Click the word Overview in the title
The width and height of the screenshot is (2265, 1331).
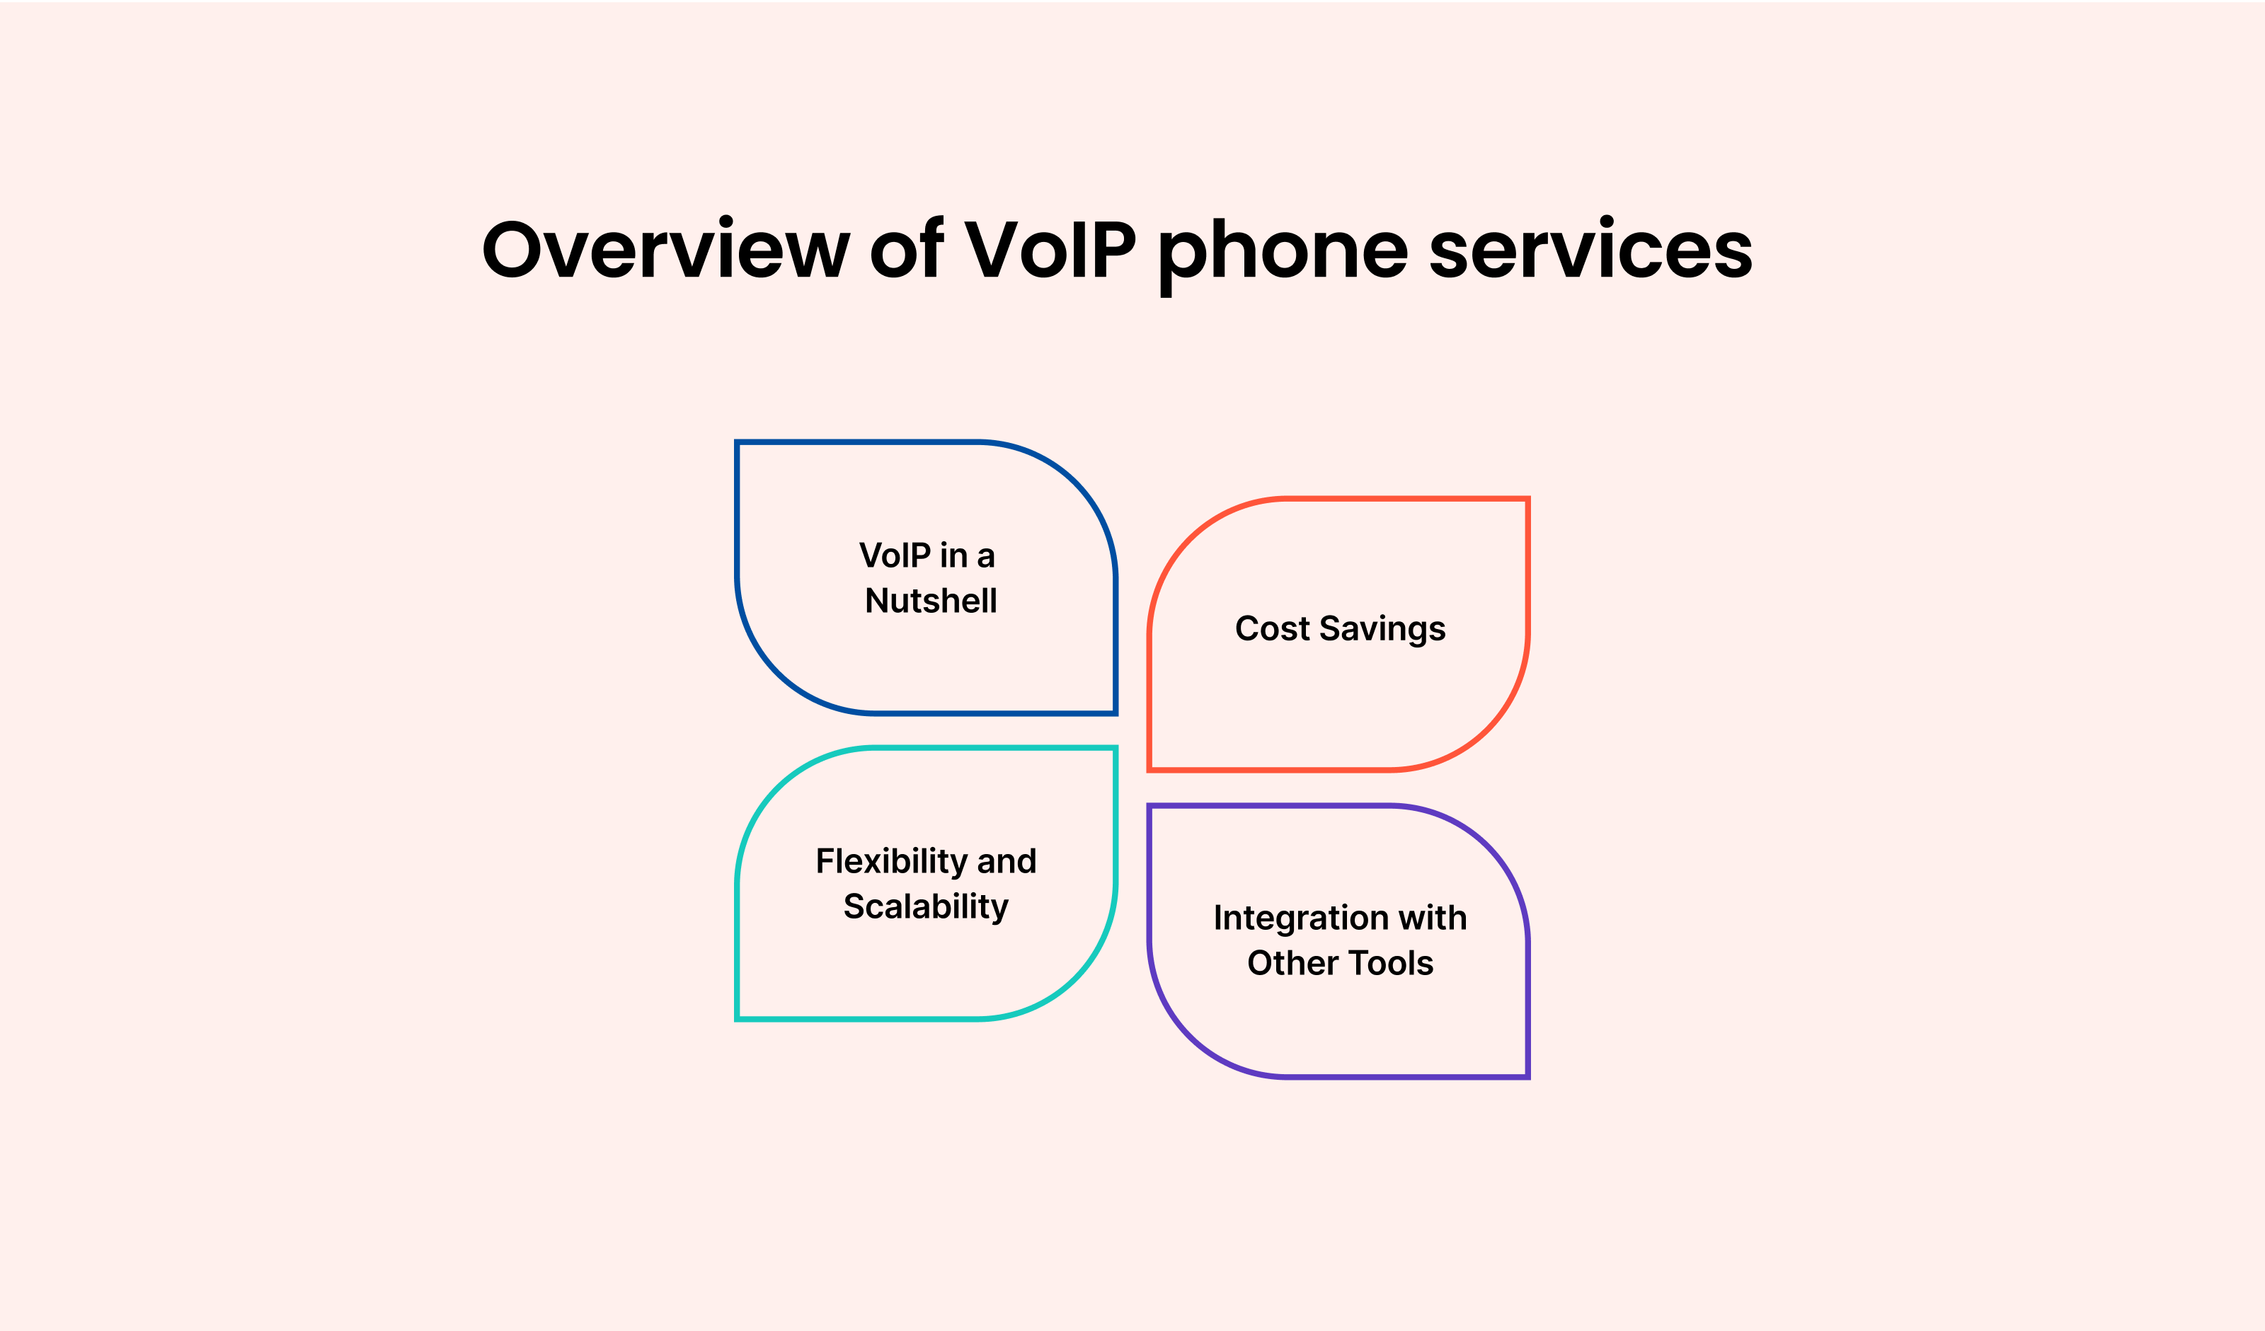tap(666, 248)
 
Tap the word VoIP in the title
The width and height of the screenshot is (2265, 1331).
tap(1050, 248)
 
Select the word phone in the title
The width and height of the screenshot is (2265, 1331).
tap(1283, 256)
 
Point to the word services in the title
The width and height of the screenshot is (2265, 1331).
tap(1591, 248)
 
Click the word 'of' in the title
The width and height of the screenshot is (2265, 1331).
tap(907, 247)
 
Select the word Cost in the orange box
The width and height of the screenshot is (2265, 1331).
tap(1272, 628)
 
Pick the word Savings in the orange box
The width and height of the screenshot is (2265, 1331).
tap(1382, 630)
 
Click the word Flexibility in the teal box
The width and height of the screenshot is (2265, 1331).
tap(890, 862)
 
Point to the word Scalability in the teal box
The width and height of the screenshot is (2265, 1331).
tap(926, 907)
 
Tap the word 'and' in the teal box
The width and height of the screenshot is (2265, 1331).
tap(1007, 861)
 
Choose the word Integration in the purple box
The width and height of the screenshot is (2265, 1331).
tap(1300, 918)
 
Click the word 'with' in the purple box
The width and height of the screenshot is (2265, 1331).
tap(1433, 918)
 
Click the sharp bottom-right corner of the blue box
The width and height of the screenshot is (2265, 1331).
tap(1116, 713)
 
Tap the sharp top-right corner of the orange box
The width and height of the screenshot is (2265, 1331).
tap(1528, 499)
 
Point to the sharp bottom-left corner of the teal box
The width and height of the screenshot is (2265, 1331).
tap(737, 1019)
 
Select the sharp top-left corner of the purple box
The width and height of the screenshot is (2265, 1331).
tap(1149, 806)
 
